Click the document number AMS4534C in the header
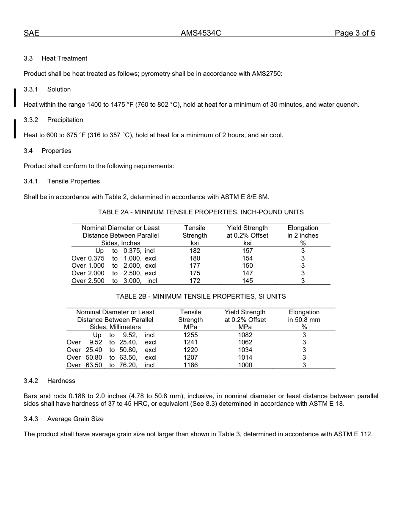pos(201,33)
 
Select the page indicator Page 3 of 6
pos(355,33)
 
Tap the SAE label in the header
pos(31,33)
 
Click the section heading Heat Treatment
pos(64,58)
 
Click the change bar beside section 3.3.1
pos(15,97)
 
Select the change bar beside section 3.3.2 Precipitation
pos(15,128)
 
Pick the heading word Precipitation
pos(65,120)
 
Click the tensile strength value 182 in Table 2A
pos(195,251)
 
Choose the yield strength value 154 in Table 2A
pos(247,258)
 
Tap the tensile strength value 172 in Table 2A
pos(195,281)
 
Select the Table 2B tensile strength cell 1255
pos(190,335)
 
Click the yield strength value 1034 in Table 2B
pos(245,350)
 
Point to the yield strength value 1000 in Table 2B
pos(245,365)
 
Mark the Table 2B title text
pos(201,297)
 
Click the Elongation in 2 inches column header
pos(303,236)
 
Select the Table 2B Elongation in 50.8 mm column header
pos(304,320)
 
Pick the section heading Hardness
pos(61,381)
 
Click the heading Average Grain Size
pos(75,419)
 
